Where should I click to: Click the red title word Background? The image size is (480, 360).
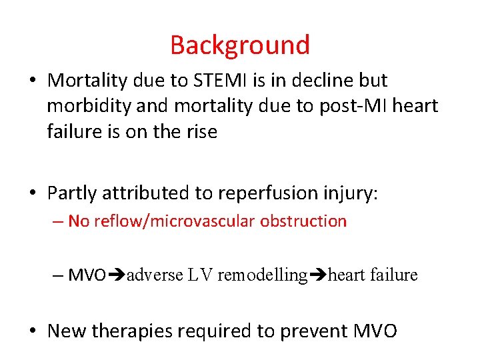pos(240,45)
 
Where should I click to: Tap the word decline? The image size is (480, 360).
pos(325,81)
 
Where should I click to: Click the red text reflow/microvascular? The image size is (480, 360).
pos(176,221)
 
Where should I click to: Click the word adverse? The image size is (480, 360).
pos(154,275)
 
